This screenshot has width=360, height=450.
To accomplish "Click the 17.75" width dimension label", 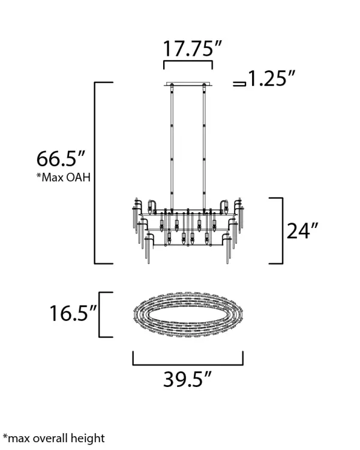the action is [193, 49].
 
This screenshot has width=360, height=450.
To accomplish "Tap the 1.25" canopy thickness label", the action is [271, 79].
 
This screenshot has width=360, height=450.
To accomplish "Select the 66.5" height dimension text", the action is [61, 159].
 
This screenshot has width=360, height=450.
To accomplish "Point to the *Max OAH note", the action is [63, 178].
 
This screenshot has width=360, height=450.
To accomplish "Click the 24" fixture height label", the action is [302, 231].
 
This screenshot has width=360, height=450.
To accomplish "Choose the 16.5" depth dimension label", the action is [73, 313].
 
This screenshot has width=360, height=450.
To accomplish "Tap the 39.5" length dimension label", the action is [187, 379].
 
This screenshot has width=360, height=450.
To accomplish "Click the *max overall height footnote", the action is [53, 438].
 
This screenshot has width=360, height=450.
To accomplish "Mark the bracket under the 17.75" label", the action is [188, 61].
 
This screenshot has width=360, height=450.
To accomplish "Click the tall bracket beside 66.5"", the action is [95, 173].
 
